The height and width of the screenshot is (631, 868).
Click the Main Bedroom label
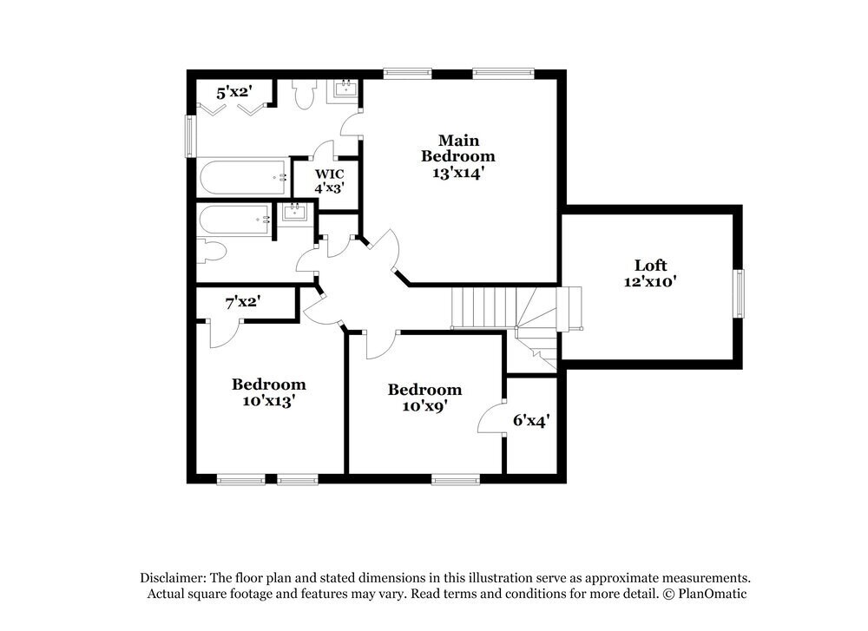tap(458, 148)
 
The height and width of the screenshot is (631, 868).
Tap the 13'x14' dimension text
tap(458, 173)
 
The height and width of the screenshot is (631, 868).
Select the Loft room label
tap(650, 266)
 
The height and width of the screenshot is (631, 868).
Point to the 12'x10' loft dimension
tap(650, 281)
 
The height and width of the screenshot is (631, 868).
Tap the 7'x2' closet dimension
tap(244, 302)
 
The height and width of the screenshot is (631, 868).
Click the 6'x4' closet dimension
tap(531, 420)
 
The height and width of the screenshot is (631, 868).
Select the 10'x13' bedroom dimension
tap(268, 401)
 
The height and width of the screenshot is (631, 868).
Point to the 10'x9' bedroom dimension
tap(424, 405)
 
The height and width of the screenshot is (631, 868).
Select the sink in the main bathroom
tap(345, 89)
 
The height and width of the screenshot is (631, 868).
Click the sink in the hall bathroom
tap(294, 211)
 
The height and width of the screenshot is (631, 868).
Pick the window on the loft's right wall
tap(740, 293)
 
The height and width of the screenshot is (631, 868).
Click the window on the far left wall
tap(188, 136)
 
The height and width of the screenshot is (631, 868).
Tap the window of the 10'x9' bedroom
tap(456, 478)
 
